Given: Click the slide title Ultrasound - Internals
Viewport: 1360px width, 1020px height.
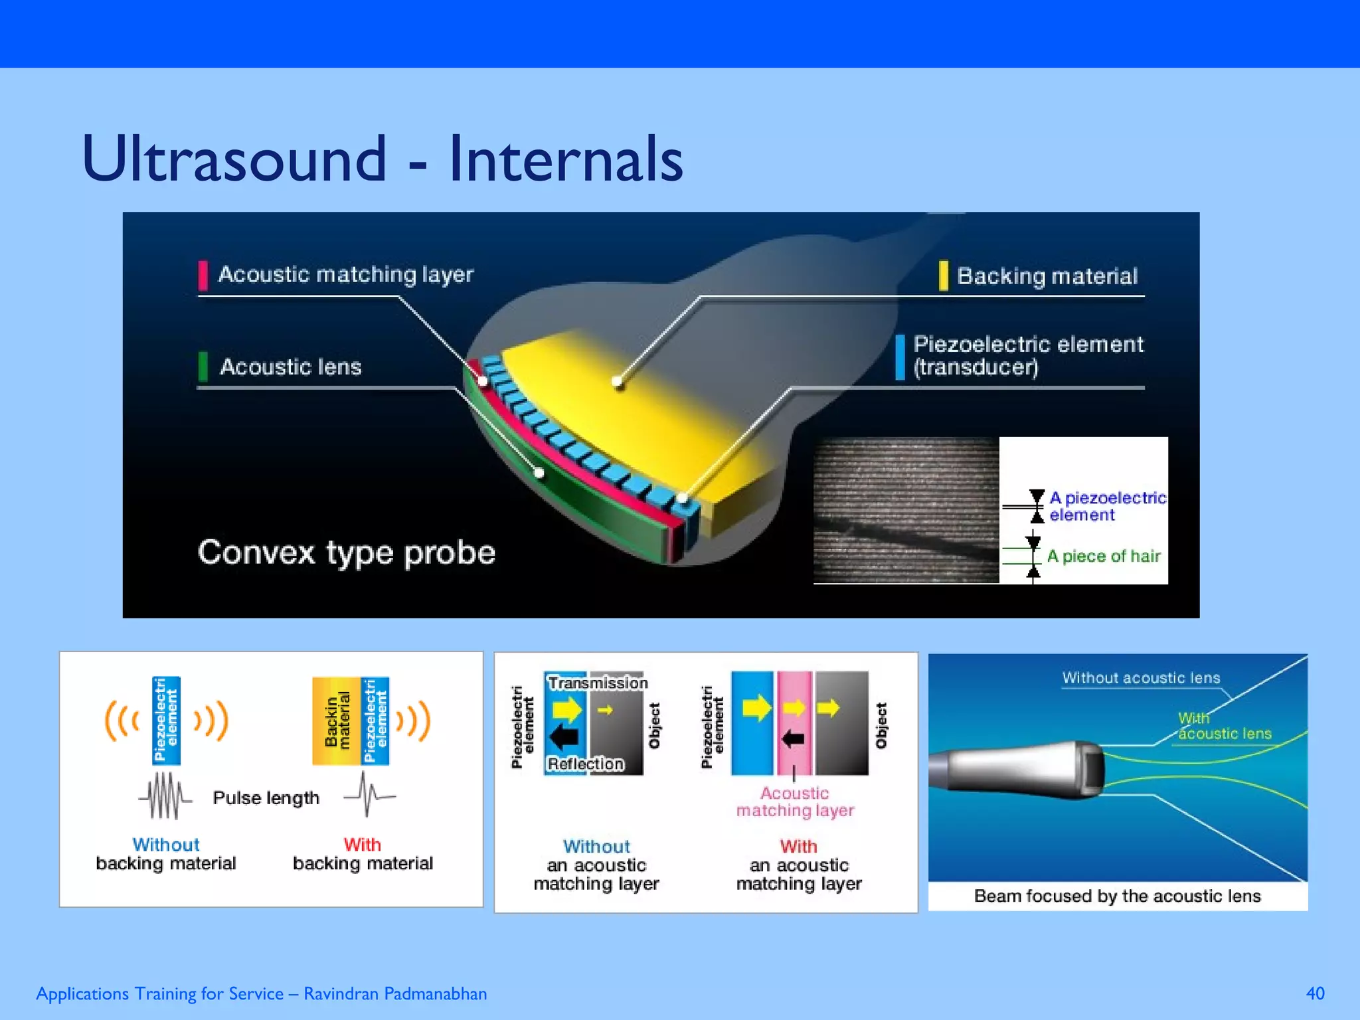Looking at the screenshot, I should click(382, 159).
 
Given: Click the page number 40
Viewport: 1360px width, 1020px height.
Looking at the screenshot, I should click(1314, 993).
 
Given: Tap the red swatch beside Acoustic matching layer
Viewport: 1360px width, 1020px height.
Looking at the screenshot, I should click(203, 275).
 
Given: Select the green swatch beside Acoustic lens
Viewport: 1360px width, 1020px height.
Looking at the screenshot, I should click(203, 366).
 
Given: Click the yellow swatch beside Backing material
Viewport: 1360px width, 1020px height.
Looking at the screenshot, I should click(943, 275).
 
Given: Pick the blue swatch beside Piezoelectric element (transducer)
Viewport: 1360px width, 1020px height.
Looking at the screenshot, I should click(900, 357).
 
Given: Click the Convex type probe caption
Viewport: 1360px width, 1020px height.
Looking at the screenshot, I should click(346, 552).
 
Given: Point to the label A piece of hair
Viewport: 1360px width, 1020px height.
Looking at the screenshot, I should click(1103, 556).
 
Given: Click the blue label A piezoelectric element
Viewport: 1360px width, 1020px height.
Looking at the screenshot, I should click(1106, 506).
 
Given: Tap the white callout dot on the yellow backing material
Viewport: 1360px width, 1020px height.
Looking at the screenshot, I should click(618, 381).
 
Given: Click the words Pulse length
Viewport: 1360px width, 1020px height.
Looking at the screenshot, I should click(266, 798).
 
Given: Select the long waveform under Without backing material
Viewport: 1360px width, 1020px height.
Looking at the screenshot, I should click(165, 796).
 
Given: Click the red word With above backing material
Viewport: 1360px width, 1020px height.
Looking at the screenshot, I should click(362, 845).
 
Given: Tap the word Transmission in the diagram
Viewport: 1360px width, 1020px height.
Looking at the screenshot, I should click(597, 683).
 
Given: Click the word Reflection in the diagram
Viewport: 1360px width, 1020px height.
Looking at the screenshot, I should click(585, 764).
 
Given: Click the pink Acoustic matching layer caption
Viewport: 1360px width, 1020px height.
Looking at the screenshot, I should click(794, 802).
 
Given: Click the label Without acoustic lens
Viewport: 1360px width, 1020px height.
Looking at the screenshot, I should click(1140, 678).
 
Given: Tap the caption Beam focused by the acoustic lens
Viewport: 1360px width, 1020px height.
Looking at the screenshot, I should click(1117, 896).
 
